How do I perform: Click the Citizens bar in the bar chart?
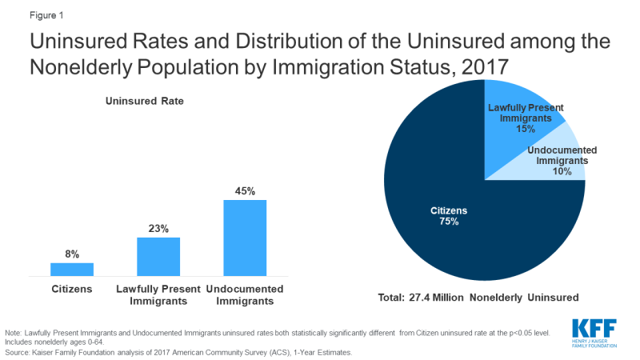(72, 269)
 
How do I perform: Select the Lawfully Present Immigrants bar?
(158, 256)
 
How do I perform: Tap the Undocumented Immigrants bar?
(245, 238)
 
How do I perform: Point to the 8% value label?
(72, 254)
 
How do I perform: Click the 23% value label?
(158, 229)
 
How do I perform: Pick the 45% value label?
(245, 191)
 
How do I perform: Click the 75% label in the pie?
(448, 222)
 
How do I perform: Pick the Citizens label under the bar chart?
(72, 289)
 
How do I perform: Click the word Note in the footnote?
(14, 332)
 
